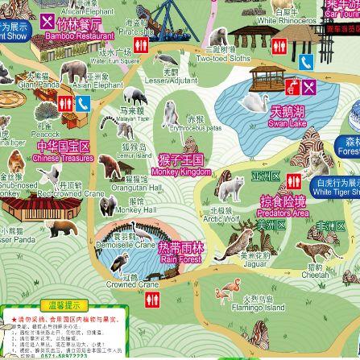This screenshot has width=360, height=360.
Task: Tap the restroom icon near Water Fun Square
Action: (142, 45)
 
